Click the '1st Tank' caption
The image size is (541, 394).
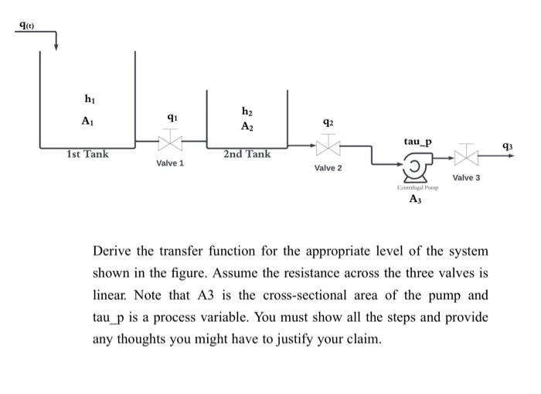[x=87, y=154]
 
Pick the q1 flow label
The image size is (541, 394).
[x=172, y=118]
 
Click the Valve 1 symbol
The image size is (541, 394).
[x=170, y=142]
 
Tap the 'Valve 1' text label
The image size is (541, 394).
[x=170, y=164]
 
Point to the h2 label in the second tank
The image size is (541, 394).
[x=247, y=111]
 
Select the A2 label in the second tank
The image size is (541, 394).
[x=247, y=126]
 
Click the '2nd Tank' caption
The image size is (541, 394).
[x=247, y=154]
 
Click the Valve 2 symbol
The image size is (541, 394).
[x=328, y=146]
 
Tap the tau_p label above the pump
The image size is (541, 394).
[x=418, y=142]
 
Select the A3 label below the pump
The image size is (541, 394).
[x=416, y=200]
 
